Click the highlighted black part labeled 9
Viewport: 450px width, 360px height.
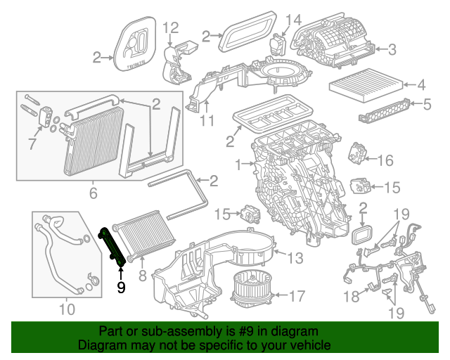tap(113, 247)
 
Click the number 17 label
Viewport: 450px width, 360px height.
tap(297, 295)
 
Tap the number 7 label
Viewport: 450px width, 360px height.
tap(30, 145)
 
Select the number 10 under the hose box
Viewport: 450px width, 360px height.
tap(66, 308)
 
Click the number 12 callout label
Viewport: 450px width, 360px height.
tap(172, 28)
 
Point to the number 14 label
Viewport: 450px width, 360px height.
tap(294, 19)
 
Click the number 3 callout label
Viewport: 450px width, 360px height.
tap(392, 49)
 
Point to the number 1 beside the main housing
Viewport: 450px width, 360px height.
tap(238, 165)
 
